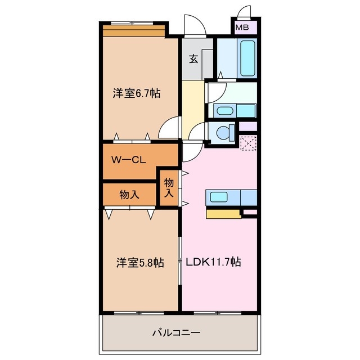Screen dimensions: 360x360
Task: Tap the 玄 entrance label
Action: [193, 58]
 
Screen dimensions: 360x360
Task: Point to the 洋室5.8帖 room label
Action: [141, 262]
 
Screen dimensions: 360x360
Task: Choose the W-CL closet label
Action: [128, 160]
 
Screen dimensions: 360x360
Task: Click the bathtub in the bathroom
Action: [248, 60]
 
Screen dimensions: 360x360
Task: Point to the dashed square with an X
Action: [247, 143]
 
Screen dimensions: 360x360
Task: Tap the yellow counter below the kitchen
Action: [223, 213]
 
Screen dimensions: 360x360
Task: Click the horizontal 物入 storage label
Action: [129, 195]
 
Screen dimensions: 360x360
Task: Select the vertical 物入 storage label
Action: [168, 188]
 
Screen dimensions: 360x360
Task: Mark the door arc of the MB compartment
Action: [245, 13]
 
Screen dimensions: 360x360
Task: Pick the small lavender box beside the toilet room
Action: [248, 127]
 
